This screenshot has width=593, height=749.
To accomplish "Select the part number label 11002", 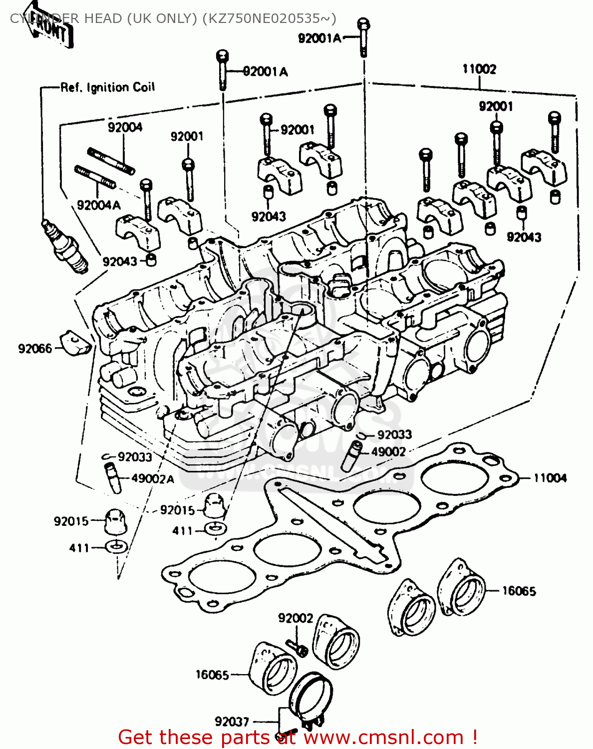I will tap(479, 69).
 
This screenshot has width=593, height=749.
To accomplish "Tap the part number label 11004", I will tap(550, 478).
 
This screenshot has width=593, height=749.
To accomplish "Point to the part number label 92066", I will tap(35, 349).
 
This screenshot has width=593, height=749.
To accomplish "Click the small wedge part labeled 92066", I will tap(76, 343).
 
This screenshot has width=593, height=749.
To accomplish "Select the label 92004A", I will tap(99, 205).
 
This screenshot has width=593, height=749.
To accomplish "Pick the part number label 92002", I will tap(296, 618).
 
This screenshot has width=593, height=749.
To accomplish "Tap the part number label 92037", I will tap(232, 722).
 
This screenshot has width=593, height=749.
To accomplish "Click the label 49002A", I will tap(153, 478).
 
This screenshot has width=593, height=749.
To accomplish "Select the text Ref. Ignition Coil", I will tap(108, 87).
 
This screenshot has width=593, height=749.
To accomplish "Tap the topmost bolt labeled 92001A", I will tap(363, 37).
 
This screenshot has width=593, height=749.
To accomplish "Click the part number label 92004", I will tap(125, 127).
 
